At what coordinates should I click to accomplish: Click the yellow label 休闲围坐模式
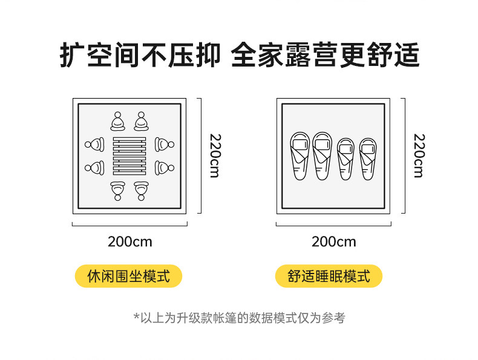(x=128, y=277)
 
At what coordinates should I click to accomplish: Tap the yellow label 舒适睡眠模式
(x=329, y=277)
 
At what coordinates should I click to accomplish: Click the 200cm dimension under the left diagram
(x=130, y=241)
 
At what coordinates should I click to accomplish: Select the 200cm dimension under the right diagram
(x=334, y=241)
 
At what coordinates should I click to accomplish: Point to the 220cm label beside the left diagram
(x=214, y=155)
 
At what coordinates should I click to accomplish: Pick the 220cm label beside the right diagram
(x=418, y=155)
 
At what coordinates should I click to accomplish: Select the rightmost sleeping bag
(x=367, y=159)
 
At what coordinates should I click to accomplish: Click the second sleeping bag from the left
(x=322, y=156)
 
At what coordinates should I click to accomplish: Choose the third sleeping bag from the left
(x=345, y=159)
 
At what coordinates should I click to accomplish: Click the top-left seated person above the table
(x=117, y=122)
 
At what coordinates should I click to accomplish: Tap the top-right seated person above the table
(x=141, y=122)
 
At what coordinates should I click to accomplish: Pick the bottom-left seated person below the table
(x=117, y=190)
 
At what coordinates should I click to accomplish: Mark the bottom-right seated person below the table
(x=141, y=190)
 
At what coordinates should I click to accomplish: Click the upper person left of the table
(x=94, y=145)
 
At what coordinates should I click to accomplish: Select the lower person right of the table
(x=165, y=167)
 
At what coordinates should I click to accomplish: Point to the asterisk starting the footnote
(x=136, y=316)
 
